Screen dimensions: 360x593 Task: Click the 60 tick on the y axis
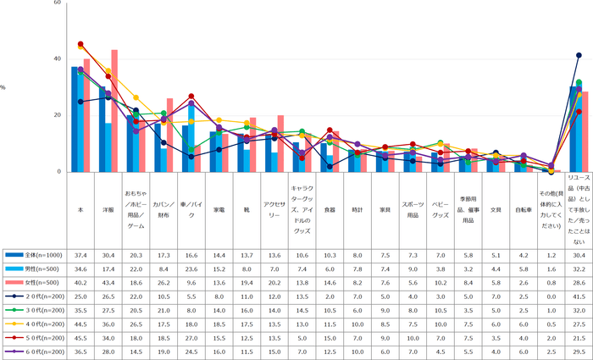click(57, 3)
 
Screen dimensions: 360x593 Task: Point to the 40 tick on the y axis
click(57, 59)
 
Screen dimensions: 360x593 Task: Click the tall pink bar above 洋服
click(114, 110)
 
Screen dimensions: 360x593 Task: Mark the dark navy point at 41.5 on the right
click(579, 56)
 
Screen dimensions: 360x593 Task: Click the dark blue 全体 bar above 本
click(75, 119)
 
